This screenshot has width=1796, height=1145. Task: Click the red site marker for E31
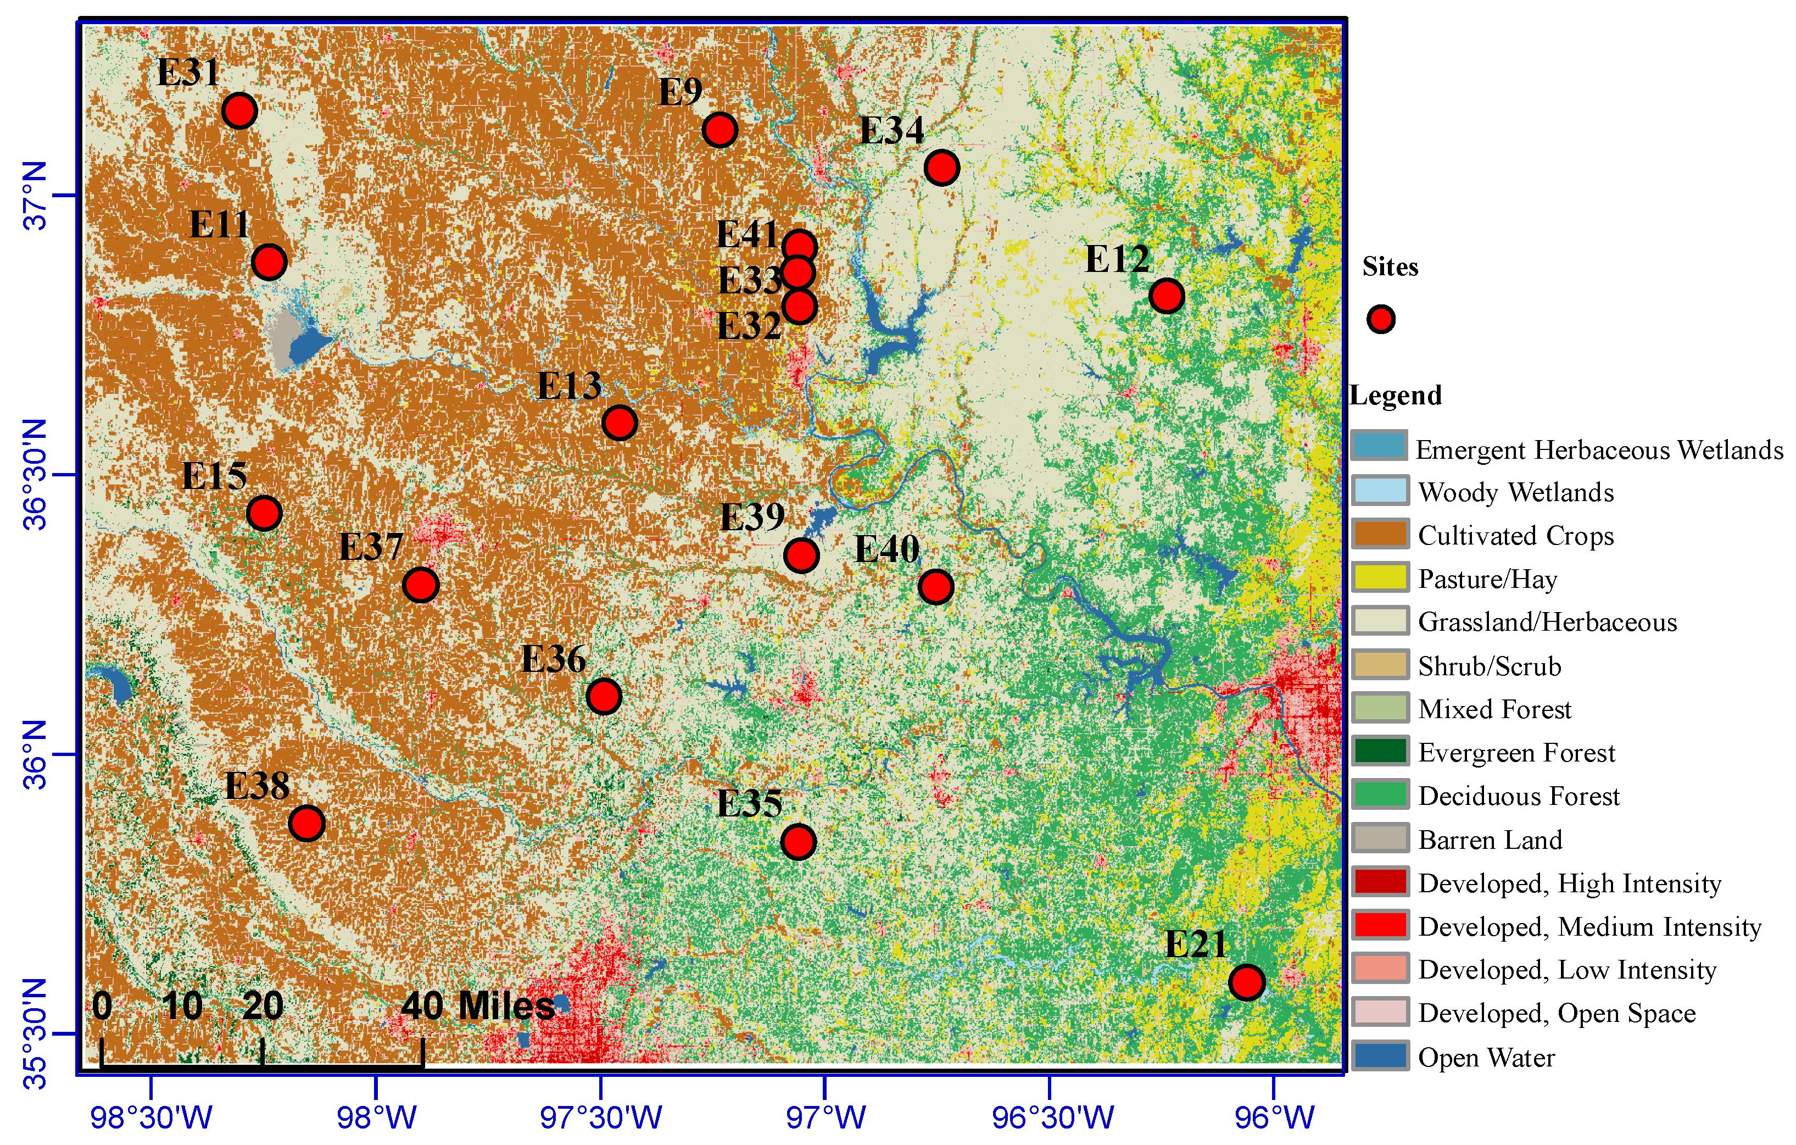(x=239, y=111)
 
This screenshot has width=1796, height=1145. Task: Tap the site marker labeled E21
(x=1246, y=982)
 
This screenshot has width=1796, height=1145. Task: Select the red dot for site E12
(x=1167, y=296)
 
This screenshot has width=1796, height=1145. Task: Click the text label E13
(x=569, y=386)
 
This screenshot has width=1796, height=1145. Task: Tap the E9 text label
(x=680, y=92)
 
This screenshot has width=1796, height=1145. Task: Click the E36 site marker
(x=604, y=697)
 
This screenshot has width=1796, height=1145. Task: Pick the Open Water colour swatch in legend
(x=1380, y=1055)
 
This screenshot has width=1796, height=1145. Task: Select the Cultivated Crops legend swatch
(x=1380, y=534)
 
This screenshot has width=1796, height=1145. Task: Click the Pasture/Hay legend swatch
(x=1380, y=577)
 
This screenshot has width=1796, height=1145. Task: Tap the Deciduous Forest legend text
(x=1519, y=796)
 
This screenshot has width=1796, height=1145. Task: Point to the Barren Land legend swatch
(x=1380, y=838)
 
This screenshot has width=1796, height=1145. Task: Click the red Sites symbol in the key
(x=1381, y=319)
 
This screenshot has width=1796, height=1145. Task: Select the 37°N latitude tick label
(x=35, y=196)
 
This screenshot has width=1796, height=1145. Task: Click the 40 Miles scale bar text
(x=477, y=1005)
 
